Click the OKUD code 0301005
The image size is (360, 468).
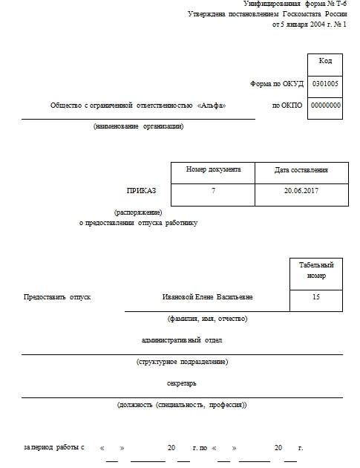pos(324,84)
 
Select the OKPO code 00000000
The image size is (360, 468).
pos(324,105)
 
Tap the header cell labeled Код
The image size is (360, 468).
pos(324,61)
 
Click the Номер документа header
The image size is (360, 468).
pos(212,169)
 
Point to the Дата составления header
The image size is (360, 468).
pos(301,170)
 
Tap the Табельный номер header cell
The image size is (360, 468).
pos(316,270)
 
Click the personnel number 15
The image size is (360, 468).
pos(316,296)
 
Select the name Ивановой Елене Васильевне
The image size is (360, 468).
pos(207,297)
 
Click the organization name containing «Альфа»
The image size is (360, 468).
pos(137,105)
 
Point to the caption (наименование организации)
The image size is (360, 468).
pos(138,126)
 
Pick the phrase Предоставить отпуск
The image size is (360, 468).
pos(57,297)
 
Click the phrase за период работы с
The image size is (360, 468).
pos(53,448)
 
